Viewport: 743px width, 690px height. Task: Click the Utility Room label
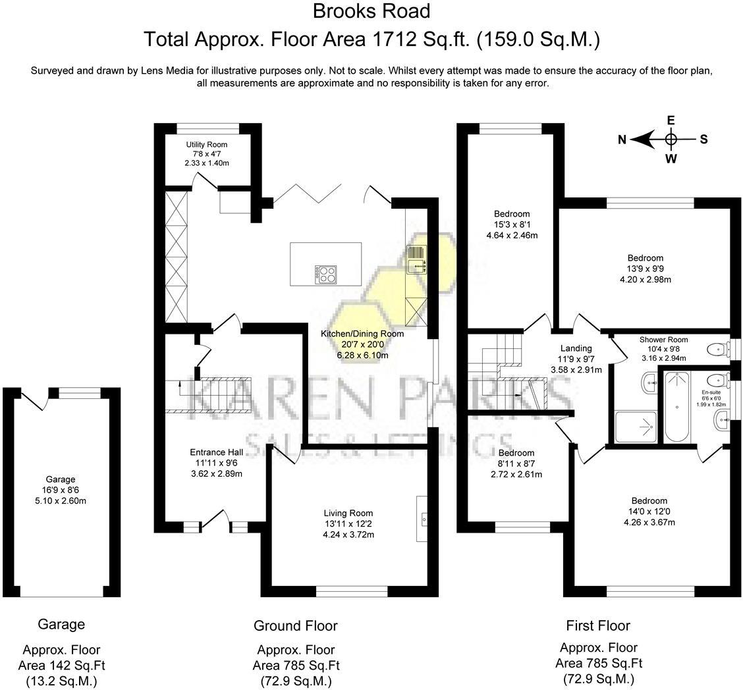(x=206, y=144)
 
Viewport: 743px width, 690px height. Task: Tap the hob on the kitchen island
(x=325, y=275)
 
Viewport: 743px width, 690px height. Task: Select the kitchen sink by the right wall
(x=416, y=260)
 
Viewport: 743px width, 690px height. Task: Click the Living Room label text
(x=348, y=513)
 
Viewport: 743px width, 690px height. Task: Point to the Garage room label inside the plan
(x=61, y=479)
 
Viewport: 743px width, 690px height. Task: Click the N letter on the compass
(x=622, y=139)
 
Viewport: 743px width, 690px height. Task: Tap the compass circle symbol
(x=671, y=139)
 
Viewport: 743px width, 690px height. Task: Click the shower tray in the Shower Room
(x=636, y=427)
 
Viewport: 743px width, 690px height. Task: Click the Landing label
(x=576, y=348)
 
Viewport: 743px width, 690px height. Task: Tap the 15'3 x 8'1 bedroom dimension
(x=512, y=225)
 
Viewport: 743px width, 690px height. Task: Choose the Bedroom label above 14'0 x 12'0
(x=649, y=500)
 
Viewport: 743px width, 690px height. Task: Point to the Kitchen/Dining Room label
(x=362, y=333)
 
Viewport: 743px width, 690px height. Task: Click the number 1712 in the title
(x=395, y=39)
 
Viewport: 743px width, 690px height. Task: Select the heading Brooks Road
(x=371, y=11)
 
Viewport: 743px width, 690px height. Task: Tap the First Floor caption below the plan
(x=598, y=625)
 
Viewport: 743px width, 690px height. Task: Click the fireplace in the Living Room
(x=422, y=519)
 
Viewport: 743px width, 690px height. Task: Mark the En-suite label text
(x=711, y=392)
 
